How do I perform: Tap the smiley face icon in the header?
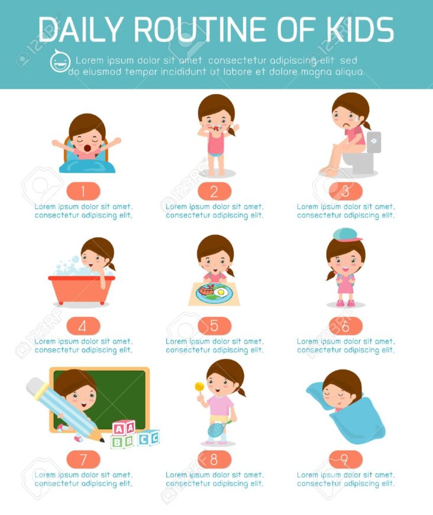coord(60,61)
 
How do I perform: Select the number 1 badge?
coord(83,191)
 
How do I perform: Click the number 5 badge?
coord(214,325)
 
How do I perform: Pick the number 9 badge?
coord(345,459)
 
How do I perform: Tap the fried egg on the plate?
coord(221,292)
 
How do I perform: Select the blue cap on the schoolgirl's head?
coord(346,235)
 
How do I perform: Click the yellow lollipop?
coord(199,387)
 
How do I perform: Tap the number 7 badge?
coord(83,459)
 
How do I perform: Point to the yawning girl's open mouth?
coord(88,148)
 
